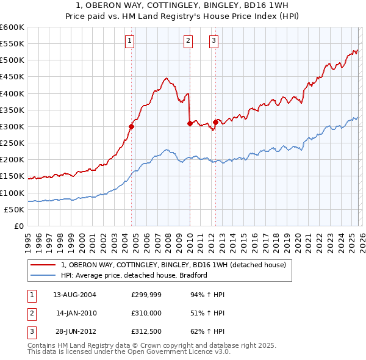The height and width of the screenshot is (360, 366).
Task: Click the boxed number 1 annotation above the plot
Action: click(x=131, y=41)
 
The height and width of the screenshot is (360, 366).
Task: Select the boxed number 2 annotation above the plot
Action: click(x=188, y=41)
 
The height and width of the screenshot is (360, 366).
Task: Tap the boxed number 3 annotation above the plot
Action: click(x=214, y=41)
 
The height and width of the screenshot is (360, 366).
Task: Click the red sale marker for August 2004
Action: click(x=132, y=127)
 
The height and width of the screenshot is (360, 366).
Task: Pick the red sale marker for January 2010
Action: click(x=190, y=123)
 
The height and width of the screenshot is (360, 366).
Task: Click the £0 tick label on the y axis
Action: click(x=18, y=226)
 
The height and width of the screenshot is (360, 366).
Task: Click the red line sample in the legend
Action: click(x=45, y=265)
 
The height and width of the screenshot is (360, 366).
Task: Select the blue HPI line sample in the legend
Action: click(x=45, y=275)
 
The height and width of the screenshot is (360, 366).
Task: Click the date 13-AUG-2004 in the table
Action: click(x=75, y=295)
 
